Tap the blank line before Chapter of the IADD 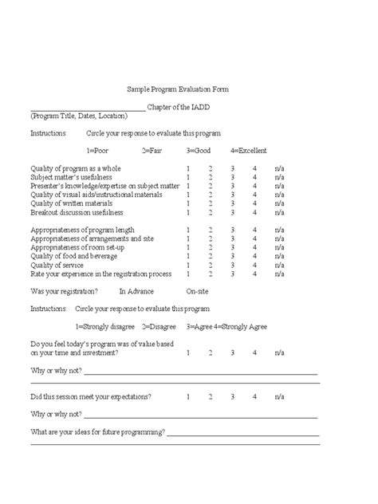coord(88,109)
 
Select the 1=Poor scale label coord(98,151)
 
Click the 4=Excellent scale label coord(249,151)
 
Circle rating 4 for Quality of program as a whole coord(254,169)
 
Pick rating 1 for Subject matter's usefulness coord(188,178)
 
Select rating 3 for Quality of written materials coord(232,204)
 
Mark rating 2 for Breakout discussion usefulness coord(211,213)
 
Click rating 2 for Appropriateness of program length coord(211,230)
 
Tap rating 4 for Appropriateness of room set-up coord(254,247)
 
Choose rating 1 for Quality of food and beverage coord(188,256)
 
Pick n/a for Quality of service coord(279,265)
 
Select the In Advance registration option coord(136,291)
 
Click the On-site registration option coord(198,291)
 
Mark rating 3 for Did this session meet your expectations coord(232,396)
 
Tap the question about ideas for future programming coord(98,432)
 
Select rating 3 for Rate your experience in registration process coord(232,274)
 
